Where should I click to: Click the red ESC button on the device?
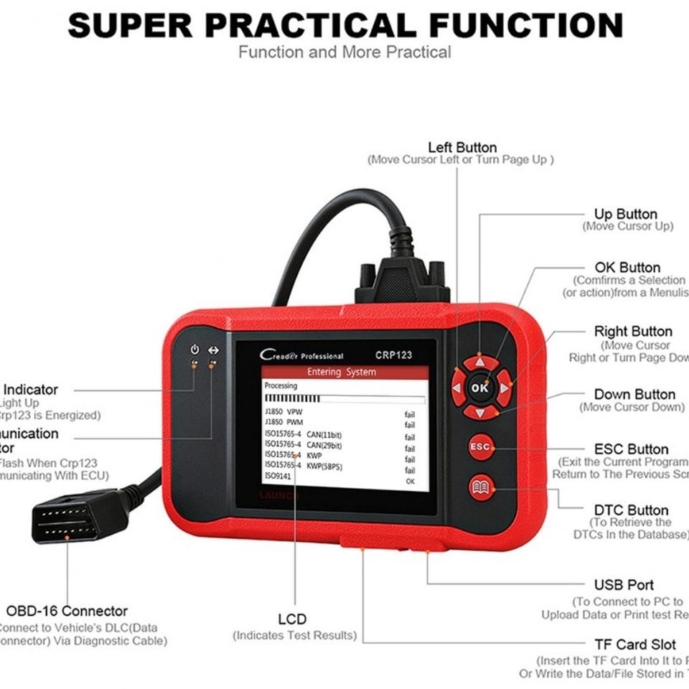click(x=481, y=447)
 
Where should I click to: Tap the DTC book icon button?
click(x=481, y=488)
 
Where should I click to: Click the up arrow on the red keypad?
click(x=480, y=362)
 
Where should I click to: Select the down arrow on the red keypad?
click(x=480, y=412)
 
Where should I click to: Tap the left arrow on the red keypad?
click(x=456, y=388)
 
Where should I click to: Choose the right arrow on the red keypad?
click(x=505, y=388)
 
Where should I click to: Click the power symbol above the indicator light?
click(x=194, y=350)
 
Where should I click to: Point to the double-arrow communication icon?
click(x=213, y=350)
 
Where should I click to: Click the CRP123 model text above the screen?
click(x=393, y=355)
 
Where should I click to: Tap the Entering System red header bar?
click(x=344, y=372)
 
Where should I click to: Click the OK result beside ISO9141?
click(x=410, y=482)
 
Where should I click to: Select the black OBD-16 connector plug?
click(x=68, y=517)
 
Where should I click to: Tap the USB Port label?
click(x=624, y=585)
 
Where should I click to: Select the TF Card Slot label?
click(x=634, y=645)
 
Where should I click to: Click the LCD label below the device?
click(x=292, y=619)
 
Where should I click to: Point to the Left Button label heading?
click(x=461, y=148)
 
